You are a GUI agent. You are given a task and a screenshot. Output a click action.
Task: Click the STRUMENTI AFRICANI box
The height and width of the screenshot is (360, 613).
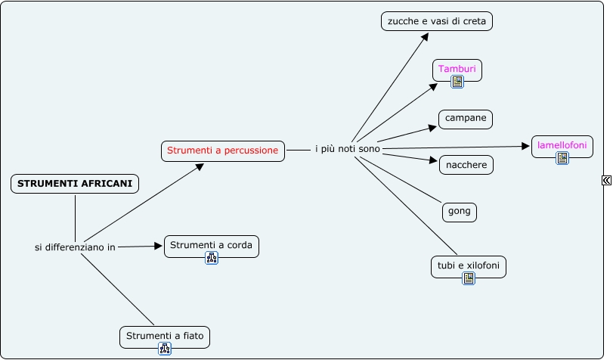point(75,184)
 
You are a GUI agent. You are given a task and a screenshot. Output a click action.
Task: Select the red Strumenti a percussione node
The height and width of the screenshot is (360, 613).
point(223,151)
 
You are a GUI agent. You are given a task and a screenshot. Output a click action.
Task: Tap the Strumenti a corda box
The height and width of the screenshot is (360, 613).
point(211,245)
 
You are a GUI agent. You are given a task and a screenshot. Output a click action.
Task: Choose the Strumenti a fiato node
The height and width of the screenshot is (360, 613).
point(165,336)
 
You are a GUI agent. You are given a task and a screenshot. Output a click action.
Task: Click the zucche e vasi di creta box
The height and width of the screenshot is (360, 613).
point(437,22)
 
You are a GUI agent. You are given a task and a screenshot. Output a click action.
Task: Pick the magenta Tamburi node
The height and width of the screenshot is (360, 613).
point(457,70)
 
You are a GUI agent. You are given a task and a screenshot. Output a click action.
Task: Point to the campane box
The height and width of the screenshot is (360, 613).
point(466,119)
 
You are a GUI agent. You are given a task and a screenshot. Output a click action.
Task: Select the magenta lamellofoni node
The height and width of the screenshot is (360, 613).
point(562,144)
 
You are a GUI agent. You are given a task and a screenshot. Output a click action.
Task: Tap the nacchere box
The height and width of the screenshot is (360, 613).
point(466,164)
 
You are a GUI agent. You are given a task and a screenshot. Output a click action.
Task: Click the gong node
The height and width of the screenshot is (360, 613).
point(459,211)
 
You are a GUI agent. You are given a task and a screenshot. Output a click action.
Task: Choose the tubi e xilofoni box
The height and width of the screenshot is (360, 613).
point(468,265)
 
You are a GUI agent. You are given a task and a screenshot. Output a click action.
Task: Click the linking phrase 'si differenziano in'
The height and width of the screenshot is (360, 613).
point(75,247)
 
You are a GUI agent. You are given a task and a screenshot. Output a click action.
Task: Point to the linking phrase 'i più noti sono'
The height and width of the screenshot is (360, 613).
point(348,150)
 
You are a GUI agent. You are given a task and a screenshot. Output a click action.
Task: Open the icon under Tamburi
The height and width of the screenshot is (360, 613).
point(457,82)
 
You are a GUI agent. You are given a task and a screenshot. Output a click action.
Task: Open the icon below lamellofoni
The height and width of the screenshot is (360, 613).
point(562,158)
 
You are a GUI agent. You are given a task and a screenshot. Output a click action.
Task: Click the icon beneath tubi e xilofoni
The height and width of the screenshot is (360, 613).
point(469,278)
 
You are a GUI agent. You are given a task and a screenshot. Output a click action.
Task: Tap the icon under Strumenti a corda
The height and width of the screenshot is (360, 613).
point(212,258)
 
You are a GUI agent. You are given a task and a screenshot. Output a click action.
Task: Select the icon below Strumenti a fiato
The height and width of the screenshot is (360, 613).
point(165,349)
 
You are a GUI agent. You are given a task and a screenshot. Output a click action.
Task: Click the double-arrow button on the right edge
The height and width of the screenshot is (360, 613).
point(606,180)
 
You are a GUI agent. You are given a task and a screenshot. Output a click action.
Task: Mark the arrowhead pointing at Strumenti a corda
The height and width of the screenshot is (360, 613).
point(159,246)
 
